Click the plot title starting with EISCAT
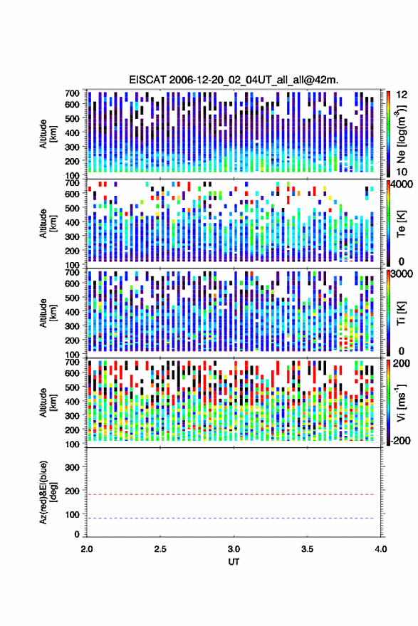pyautogui.click(x=234, y=80)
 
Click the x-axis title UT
pyautogui.click(x=234, y=562)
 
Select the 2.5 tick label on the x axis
pyautogui.click(x=160, y=549)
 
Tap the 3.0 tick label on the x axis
pyautogui.click(x=234, y=549)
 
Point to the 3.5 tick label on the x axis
pyautogui.click(x=307, y=549)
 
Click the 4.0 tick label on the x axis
pyautogui.click(x=380, y=549)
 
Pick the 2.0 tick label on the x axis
pyautogui.click(x=87, y=549)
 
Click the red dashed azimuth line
pyautogui.click(x=230, y=494)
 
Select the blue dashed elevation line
pyautogui.click(x=230, y=518)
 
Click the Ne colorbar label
pyautogui.click(x=401, y=135)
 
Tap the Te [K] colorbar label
pyautogui.click(x=401, y=224)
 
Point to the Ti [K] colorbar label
pyautogui.click(x=401, y=313)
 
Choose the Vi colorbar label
pyautogui.click(x=401, y=402)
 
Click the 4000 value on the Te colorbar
pyautogui.click(x=401, y=185)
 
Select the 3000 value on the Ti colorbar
pyautogui.click(x=401, y=274)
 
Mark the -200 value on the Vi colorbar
pyautogui.click(x=400, y=441)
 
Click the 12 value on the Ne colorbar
pyautogui.click(x=402, y=95)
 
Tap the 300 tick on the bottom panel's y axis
pyautogui.click(x=72, y=467)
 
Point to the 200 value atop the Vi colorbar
pyautogui.click(x=402, y=363)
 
